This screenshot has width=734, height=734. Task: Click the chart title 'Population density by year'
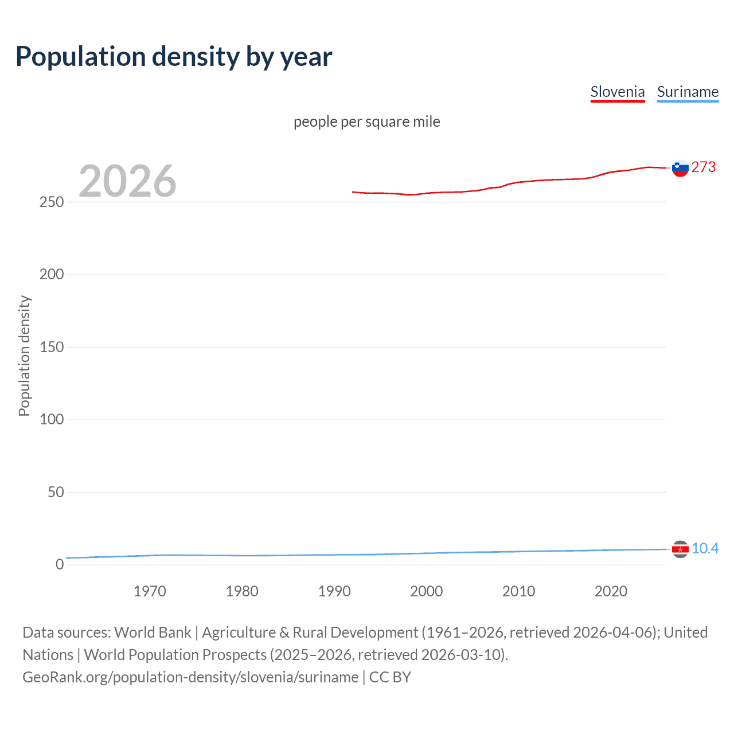coord(174,57)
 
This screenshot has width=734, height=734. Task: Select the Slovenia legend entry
coord(618,92)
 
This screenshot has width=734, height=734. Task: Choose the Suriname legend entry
coord(688,92)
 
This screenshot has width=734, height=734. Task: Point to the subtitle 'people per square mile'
coord(366,122)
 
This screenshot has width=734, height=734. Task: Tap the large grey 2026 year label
coord(127,181)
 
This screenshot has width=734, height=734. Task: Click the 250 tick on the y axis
coord(52,202)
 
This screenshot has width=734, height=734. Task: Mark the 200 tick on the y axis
coord(52,275)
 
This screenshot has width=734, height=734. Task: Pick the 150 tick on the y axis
coord(52,347)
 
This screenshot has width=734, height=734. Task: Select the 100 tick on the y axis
coord(52,419)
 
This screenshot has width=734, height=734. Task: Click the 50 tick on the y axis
coord(56,492)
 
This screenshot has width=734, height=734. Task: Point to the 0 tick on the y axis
coord(60,564)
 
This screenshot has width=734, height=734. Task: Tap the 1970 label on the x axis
coord(150,591)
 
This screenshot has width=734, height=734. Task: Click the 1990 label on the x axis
coord(334,591)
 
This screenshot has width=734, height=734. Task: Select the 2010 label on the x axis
coord(518,591)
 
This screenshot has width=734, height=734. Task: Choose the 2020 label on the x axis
coord(611,591)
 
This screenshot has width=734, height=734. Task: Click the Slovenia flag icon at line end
coord(680,168)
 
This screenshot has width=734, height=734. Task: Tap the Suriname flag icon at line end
coord(680,549)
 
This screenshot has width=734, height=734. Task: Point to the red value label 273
coord(704,167)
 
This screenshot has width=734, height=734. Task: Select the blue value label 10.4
coord(705,548)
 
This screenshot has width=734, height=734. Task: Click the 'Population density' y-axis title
coord(24,356)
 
